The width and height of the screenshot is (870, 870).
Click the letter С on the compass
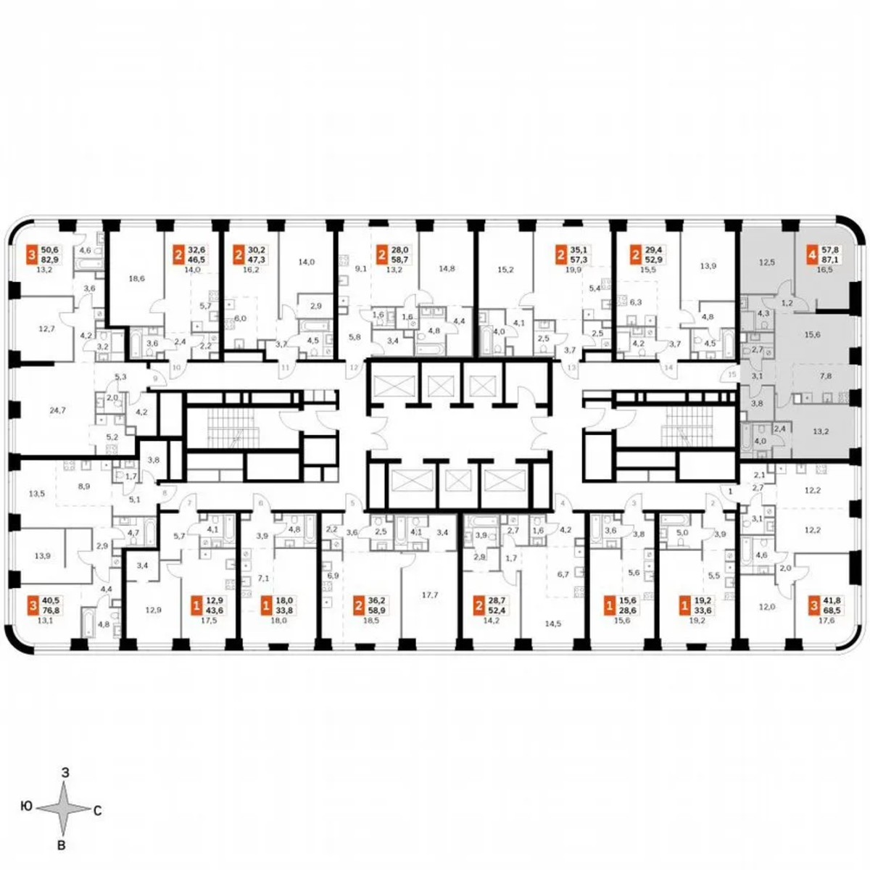click(96, 811)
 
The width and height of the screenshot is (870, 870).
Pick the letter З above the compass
click(65, 773)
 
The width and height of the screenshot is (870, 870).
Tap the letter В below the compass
click(62, 845)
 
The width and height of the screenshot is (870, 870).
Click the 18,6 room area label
click(135, 278)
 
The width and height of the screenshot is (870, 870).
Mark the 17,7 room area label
click(430, 595)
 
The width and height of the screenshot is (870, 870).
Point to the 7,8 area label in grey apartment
click(824, 376)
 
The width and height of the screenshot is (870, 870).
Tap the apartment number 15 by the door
click(732, 374)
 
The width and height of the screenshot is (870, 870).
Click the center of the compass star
click(64, 809)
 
